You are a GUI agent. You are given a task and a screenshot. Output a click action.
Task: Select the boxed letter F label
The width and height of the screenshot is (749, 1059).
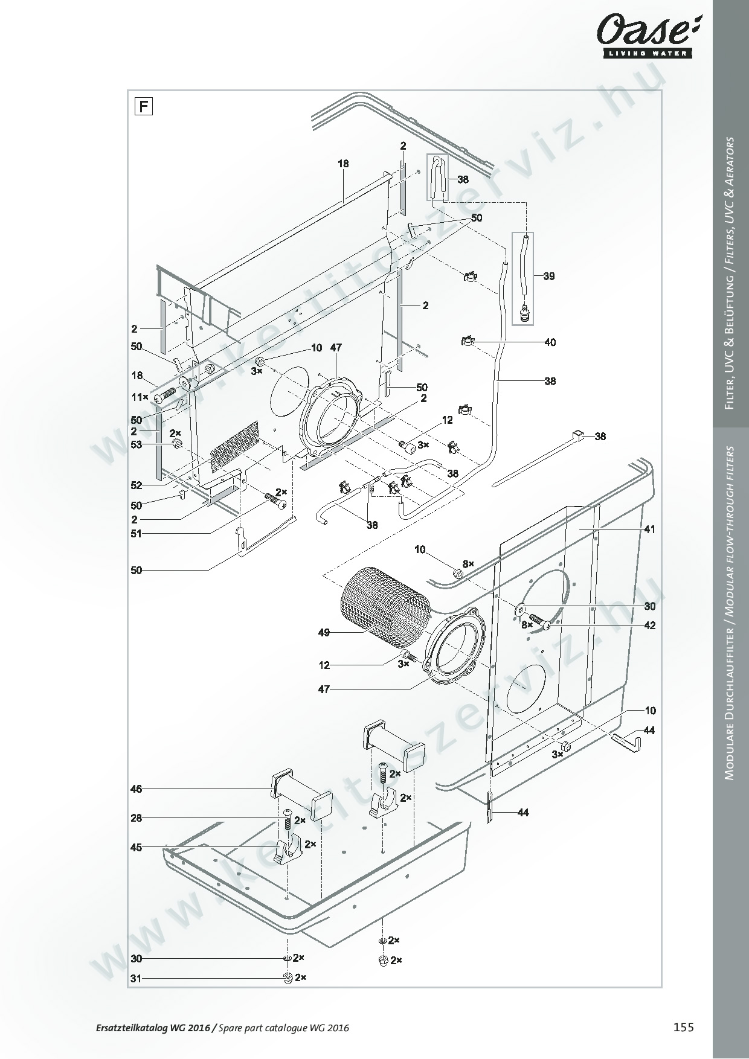point(143,107)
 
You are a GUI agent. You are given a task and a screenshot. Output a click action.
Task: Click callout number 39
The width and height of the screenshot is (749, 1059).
point(548,277)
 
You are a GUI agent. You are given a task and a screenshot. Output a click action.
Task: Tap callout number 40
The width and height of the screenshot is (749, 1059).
point(550,342)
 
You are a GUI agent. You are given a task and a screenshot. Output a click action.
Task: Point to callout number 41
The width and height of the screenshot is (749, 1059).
point(649,529)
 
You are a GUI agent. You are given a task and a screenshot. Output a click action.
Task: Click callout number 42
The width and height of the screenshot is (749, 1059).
point(649,625)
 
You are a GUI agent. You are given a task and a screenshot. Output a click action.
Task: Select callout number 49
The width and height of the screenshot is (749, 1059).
point(324,633)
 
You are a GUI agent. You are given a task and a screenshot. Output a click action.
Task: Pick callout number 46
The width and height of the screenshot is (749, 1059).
point(137,789)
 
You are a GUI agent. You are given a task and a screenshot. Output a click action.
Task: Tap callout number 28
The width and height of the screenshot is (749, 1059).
point(137,818)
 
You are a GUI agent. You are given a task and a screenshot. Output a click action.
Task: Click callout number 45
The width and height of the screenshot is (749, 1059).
point(137,848)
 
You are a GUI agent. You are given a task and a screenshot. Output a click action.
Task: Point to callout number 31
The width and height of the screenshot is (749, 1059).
point(137,979)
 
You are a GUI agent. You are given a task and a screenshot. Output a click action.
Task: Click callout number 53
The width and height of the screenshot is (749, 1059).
point(137,445)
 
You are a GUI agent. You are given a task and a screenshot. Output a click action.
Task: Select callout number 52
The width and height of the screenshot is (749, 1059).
point(137,485)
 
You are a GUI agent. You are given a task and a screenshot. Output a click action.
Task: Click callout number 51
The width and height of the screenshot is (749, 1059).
point(137,534)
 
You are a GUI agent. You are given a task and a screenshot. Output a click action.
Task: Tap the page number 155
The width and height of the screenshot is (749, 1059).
point(684,1027)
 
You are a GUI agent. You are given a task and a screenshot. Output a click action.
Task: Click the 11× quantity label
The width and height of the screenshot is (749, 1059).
point(141,397)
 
